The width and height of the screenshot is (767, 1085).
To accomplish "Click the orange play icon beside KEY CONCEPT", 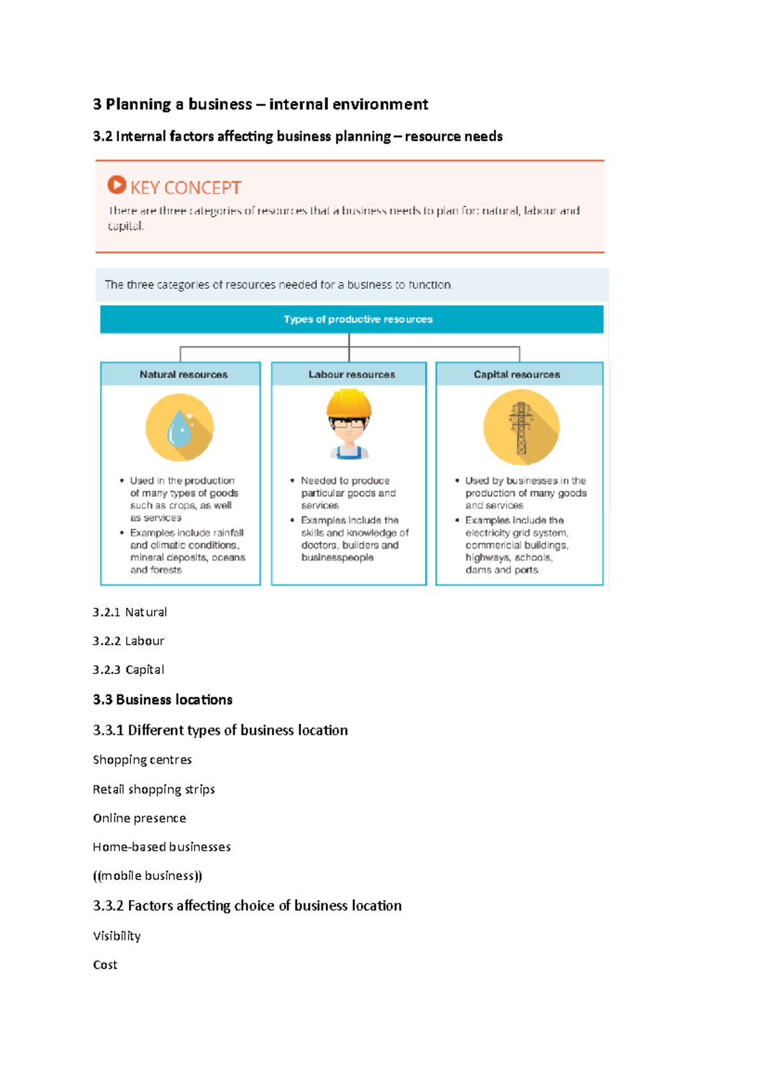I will [116, 185].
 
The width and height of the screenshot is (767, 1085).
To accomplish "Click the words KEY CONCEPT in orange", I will [185, 188].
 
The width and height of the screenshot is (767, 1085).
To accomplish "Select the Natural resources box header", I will [183, 374].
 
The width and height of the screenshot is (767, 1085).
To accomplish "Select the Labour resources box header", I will [352, 374].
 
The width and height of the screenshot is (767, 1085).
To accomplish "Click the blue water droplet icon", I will [179, 429].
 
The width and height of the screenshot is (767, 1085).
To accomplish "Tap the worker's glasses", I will [349, 423].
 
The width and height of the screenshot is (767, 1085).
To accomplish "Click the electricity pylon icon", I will [521, 427].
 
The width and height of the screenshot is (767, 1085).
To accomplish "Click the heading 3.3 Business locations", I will [162, 700].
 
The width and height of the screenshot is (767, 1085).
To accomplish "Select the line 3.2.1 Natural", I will [130, 612].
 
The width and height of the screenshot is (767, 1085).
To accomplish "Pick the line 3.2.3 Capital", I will [128, 670].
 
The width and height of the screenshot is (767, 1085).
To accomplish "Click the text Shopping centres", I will [142, 760].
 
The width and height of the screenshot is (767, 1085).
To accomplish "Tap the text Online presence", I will [139, 818].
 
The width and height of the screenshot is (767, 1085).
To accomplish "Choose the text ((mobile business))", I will [147, 875].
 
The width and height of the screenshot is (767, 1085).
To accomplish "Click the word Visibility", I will [116, 936].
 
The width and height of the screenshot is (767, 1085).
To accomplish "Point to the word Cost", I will [105, 965].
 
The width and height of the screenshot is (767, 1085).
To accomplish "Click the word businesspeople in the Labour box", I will [337, 558].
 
